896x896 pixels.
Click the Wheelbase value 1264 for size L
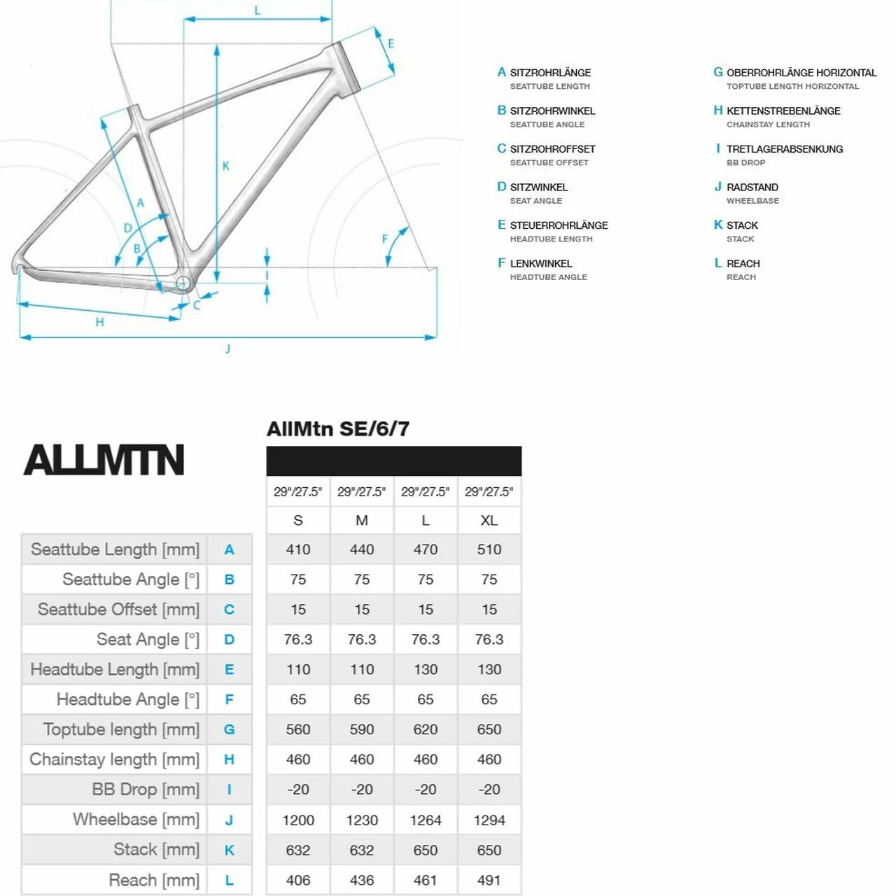(425, 820)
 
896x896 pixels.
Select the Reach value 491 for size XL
(489, 880)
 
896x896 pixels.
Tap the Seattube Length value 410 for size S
(297, 549)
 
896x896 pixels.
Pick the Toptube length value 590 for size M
(361, 729)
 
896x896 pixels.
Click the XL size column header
(489, 520)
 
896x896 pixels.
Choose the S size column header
(297, 520)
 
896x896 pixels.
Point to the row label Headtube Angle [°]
(127, 699)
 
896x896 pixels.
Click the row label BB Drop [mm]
(145, 790)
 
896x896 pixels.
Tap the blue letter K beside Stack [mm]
(229, 850)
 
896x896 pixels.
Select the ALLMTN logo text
(104, 460)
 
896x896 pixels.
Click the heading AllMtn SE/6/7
(337, 429)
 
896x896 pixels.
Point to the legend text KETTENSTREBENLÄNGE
(783, 111)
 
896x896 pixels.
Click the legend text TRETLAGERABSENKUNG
(784, 149)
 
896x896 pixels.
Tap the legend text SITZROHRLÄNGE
(550, 73)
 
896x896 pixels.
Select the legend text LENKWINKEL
(540, 264)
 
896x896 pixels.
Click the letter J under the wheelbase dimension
(227, 349)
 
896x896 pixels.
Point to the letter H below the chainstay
(99, 322)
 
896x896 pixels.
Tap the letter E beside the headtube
(391, 43)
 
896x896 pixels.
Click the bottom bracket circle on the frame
(183, 283)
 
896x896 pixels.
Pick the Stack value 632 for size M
(361, 850)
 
